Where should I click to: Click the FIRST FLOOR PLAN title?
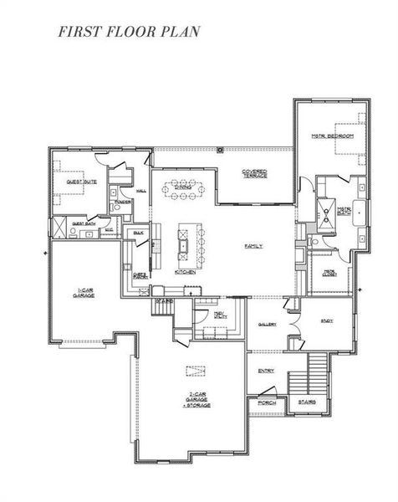coord(129,33)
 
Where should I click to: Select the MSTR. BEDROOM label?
coord(333,136)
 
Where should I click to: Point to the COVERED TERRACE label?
coord(255,174)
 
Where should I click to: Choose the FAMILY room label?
coord(253,246)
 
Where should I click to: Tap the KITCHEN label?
coord(186,272)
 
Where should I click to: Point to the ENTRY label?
coord(267,371)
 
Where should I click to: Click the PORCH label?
coord(267,403)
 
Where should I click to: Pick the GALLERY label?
coord(267,324)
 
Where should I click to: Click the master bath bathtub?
coord(359,214)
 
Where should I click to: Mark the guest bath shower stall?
coord(59,227)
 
